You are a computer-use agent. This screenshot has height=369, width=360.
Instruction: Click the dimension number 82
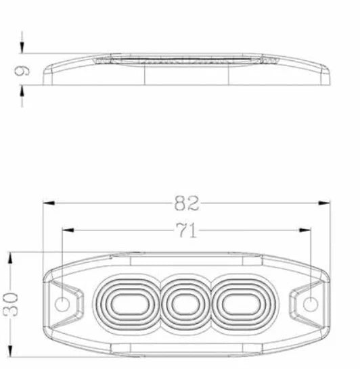pos(187,203)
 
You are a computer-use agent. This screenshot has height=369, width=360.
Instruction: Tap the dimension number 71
pos(187,231)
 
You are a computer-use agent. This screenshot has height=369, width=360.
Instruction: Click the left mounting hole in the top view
pos(62,304)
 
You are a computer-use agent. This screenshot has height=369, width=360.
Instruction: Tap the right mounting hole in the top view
pos(309,304)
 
